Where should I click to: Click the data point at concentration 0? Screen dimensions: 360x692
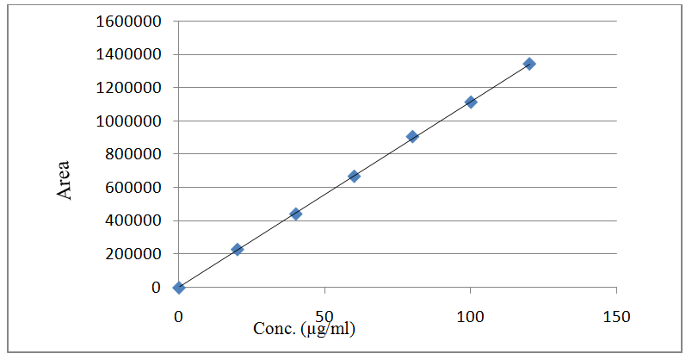[178, 287]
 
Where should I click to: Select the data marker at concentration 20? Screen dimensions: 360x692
[238, 249]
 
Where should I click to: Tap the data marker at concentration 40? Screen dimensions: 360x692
[296, 214]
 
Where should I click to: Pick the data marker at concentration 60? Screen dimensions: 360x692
[354, 176]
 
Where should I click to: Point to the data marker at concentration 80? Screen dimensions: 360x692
[412, 136]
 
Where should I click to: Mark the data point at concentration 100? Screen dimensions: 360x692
[471, 102]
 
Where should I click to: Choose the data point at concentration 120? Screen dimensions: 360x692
[529, 64]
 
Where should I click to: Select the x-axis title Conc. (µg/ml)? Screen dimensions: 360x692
[304, 329]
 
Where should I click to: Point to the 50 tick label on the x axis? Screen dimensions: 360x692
[324, 316]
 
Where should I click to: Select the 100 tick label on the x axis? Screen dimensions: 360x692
[470, 316]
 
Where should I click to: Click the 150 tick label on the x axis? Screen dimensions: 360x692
[616, 316]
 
